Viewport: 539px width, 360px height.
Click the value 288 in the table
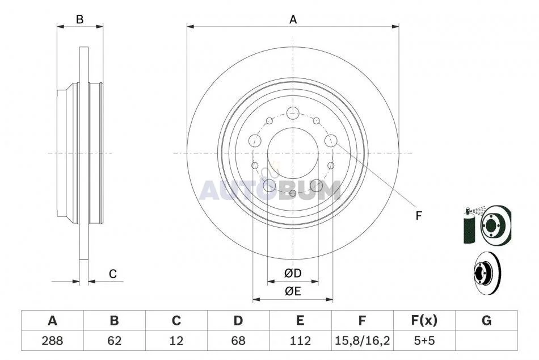pos(52,341)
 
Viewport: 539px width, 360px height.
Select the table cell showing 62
pos(115,341)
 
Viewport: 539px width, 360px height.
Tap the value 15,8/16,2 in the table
pos(363,341)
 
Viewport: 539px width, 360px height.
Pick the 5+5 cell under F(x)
pos(424,341)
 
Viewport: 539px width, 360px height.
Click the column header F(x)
pos(424,321)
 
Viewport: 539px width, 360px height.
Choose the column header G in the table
pos(486,321)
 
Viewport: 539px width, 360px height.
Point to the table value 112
pos(300,341)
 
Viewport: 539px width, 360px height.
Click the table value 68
pos(238,341)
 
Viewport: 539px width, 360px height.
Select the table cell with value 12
pos(176,341)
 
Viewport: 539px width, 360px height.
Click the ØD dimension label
pos(293,274)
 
